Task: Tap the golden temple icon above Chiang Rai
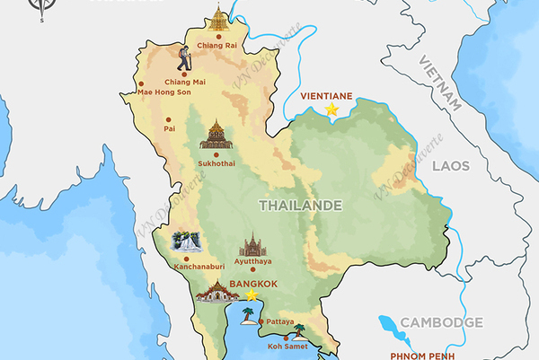point(219,17)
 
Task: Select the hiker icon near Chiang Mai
point(184,59)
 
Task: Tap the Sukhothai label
point(216,164)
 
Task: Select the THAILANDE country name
point(300,206)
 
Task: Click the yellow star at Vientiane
point(331,109)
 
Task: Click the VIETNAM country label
point(439,82)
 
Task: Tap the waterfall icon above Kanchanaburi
point(186,242)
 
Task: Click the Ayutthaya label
point(252,260)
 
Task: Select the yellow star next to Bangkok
point(252,294)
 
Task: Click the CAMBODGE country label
point(441,322)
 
